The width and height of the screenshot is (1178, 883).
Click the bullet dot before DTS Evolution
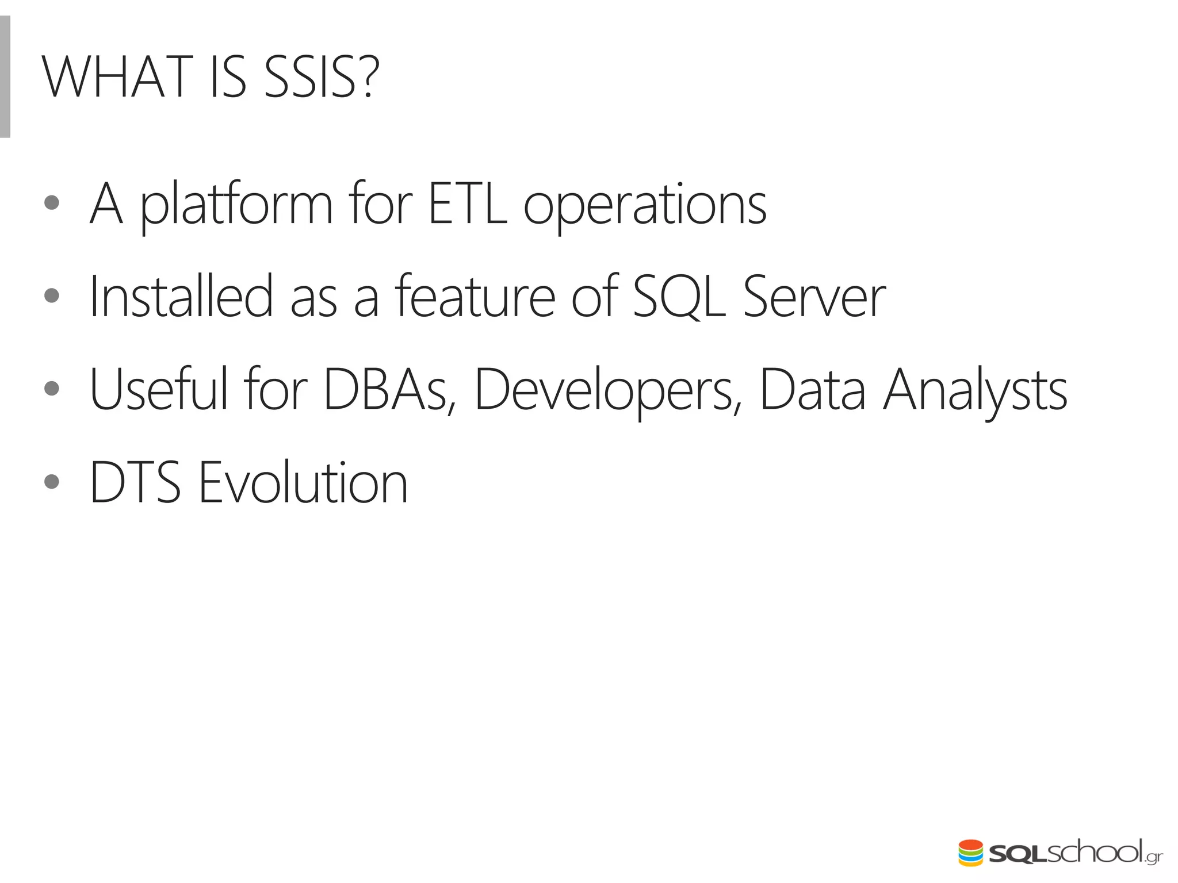52,481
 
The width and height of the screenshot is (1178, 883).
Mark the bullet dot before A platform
52,202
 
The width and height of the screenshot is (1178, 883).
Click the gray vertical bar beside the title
5,77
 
